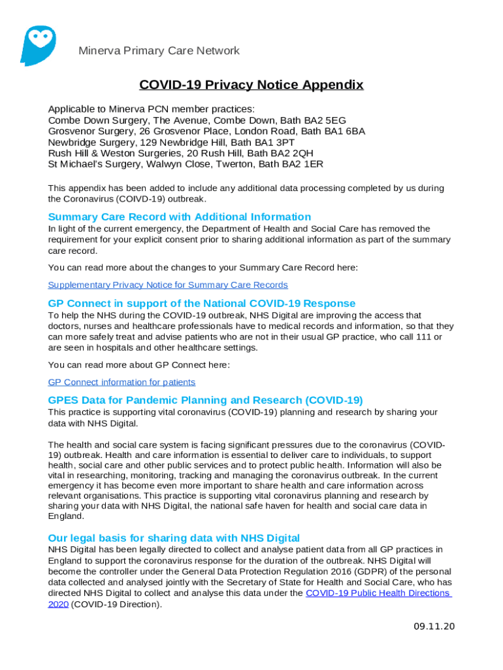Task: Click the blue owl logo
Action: click(38, 45)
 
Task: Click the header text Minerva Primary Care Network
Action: click(159, 51)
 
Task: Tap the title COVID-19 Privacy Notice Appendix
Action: click(251, 85)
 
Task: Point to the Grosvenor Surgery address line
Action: click(206, 131)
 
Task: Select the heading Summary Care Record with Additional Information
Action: click(180, 217)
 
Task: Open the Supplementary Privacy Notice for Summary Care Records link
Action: click(168, 285)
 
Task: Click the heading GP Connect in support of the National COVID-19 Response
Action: click(202, 304)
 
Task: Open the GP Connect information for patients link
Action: click(122, 382)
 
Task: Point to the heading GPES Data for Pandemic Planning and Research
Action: click(205, 400)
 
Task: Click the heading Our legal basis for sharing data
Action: click(174, 538)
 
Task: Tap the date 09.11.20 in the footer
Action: click(434, 626)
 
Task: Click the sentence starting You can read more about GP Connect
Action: click(139, 364)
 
